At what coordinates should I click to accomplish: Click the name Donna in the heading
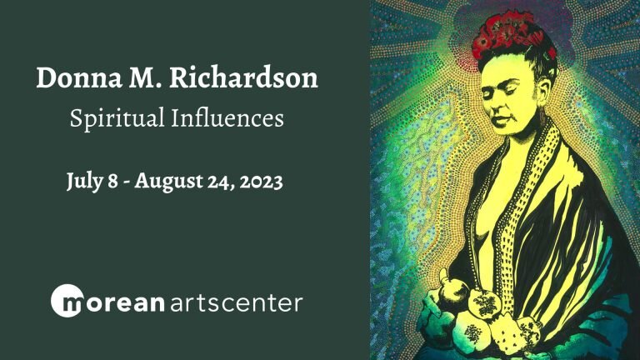pos(79,77)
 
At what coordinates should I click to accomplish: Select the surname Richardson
pos(243,77)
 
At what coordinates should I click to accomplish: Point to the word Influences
pos(227,117)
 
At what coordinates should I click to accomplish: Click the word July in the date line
pos(84,181)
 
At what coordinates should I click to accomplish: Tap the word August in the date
pos(168,181)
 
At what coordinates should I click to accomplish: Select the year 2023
pos(261,182)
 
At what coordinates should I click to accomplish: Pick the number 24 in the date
pos(220,182)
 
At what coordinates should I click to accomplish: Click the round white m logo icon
pos(67,300)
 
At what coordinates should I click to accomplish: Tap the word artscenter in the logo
pos(236,302)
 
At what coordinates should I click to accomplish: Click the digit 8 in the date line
pos(112,182)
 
